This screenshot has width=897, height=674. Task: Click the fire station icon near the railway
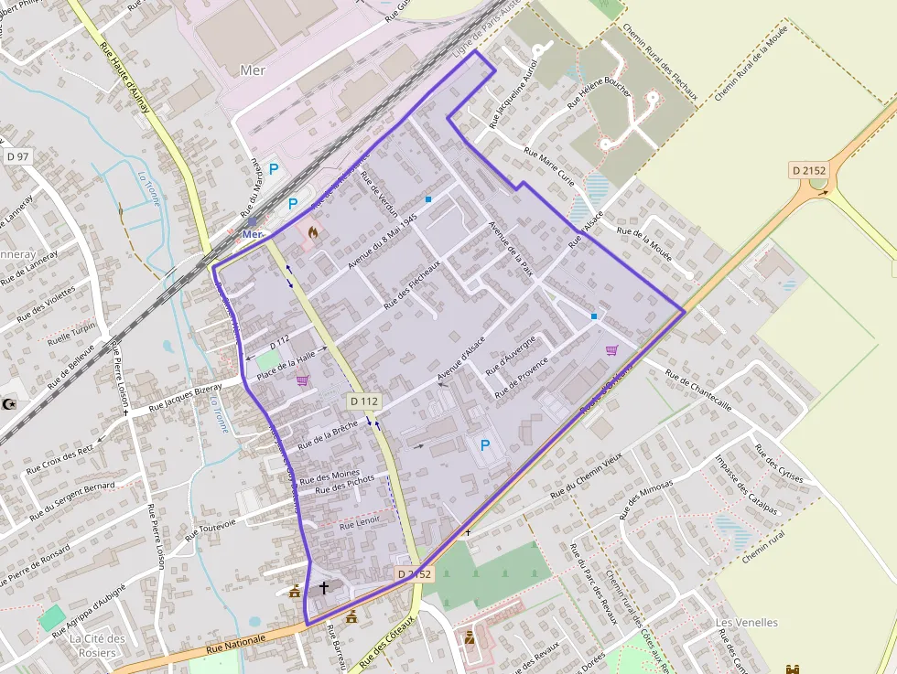pos(313,233)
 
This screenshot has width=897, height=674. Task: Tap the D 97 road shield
pos(17,156)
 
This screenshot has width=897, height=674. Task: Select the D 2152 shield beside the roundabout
pos(809,170)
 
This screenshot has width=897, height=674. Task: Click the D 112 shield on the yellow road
pos(364,401)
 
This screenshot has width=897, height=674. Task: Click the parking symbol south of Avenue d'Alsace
pos(485,444)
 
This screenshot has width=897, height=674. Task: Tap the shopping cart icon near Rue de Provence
pos(611,349)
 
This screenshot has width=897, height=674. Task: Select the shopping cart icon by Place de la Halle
pos(303,380)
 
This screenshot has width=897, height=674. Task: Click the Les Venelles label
pos(746,623)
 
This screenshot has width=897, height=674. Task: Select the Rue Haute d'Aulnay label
pos(123,85)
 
